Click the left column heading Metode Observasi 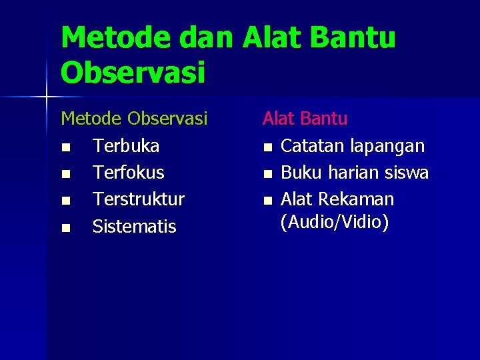pyautogui.click(x=134, y=119)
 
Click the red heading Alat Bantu pyautogui.click(x=305, y=119)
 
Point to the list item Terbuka pyautogui.click(x=125, y=145)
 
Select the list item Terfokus pyautogui.click(x=128, y=173)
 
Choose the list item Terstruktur pyautogui.click(x=138, y=199)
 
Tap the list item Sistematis pyautogui.click(x=134, y=227)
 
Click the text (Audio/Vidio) pyautogui.click(x=334, y=222)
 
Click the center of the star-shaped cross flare pyautogui.click(x=47, y=97)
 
